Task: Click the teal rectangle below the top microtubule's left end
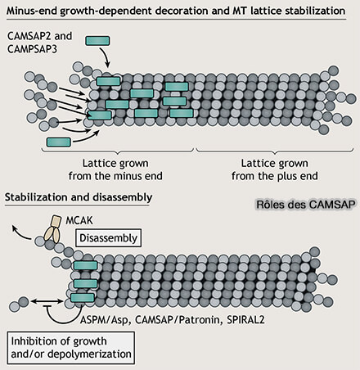pyautogui.click(x=59, y=142)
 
